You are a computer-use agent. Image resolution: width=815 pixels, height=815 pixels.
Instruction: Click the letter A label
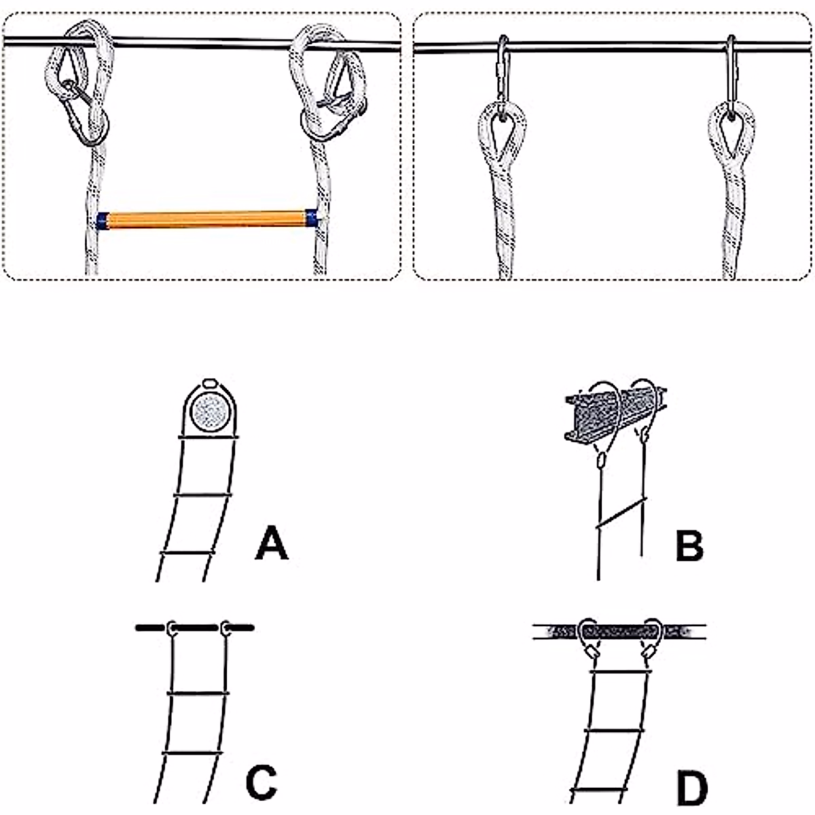[272, 545]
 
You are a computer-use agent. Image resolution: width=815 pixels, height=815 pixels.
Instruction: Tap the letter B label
[689, 545]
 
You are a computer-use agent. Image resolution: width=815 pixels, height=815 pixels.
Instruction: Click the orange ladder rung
[206, 220]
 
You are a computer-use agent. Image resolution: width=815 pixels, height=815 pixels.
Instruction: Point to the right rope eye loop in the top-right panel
[731, 132]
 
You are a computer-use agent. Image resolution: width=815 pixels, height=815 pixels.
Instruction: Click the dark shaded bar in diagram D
[619, 632]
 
